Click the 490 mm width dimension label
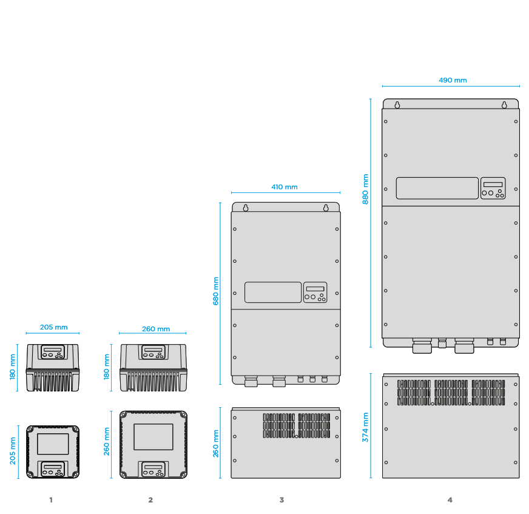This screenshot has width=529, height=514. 453,80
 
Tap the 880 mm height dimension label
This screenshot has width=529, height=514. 366,189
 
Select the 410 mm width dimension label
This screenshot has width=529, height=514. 285,188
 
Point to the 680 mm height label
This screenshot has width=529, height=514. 215,291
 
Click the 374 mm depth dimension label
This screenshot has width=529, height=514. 366,427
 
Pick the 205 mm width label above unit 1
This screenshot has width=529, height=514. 53,327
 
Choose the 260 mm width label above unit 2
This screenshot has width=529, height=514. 156,329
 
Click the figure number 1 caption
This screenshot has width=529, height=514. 51,500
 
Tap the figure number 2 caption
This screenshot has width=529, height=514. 150,500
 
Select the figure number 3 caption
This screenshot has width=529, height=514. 281,500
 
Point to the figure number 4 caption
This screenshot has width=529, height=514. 450,500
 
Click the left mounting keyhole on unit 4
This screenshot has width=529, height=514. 397,104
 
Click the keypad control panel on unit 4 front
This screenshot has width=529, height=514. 493,188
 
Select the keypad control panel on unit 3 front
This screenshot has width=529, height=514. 315,293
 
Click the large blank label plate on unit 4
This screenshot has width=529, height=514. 437,188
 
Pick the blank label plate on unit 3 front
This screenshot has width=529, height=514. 273,293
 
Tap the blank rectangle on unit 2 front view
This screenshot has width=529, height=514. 153,437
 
